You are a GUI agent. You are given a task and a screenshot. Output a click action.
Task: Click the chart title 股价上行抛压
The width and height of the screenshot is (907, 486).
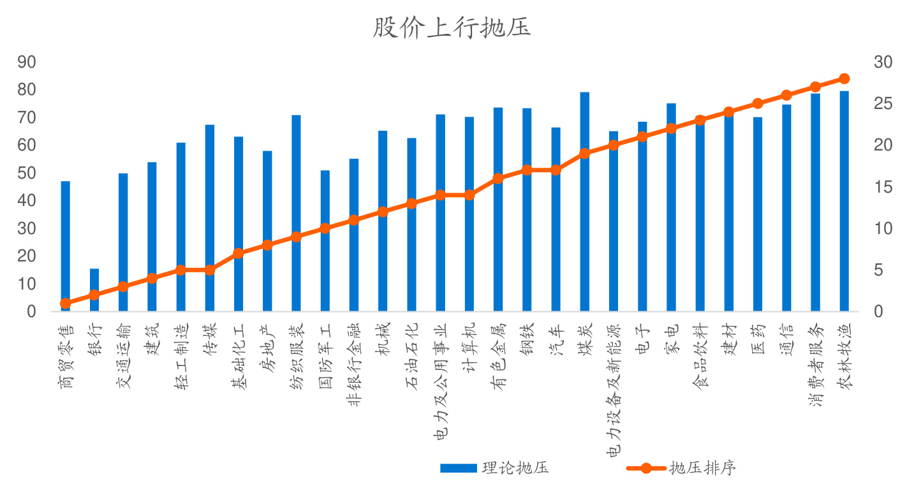click(452, 28)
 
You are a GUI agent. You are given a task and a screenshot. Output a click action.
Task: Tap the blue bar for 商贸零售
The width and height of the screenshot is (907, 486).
click(65, 242)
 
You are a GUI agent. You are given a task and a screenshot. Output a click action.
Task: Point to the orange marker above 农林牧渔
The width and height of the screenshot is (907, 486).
click(844, 78)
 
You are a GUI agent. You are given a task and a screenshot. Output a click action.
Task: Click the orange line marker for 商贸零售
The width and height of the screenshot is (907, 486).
click(65, 304)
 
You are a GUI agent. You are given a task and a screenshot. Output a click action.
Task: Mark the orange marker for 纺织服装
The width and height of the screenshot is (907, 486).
click(296, 237)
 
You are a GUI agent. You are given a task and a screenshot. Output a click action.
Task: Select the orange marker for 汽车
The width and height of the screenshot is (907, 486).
click(556, 170)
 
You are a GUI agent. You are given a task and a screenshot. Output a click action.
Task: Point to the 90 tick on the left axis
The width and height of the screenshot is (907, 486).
click(27, 62)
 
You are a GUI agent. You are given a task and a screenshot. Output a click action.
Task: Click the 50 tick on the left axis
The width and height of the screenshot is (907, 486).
click(27, 173)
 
